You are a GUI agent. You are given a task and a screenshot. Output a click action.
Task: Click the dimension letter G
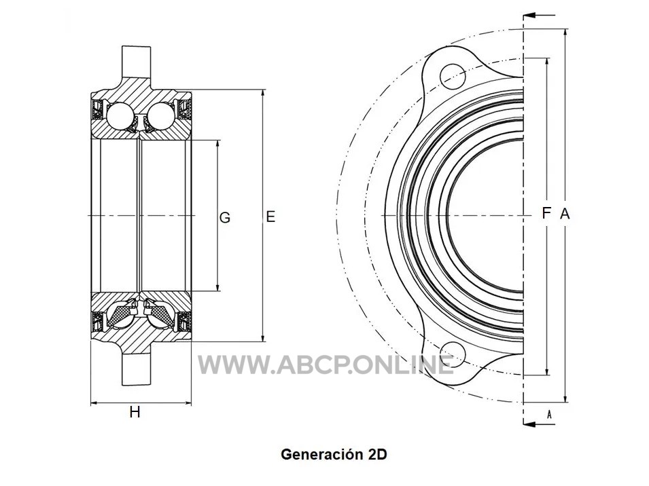coord(225,217)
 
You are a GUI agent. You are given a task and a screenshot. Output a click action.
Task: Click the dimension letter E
coord(270,217)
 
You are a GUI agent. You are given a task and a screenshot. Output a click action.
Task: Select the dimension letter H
coord(135,412)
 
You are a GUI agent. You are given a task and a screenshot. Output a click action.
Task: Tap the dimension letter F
coord(546,213)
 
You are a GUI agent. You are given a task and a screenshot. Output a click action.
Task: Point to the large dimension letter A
coord(565,214)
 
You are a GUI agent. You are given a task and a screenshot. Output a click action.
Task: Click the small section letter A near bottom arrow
coord(549,415)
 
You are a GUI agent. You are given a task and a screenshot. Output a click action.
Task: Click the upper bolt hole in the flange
coord(453,77)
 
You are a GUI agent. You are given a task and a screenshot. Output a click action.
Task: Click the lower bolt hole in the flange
coord(453,354)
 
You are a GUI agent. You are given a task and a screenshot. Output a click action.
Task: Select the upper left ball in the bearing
coord(120,114)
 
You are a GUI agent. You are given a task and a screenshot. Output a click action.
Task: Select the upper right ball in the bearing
coord(160,114)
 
